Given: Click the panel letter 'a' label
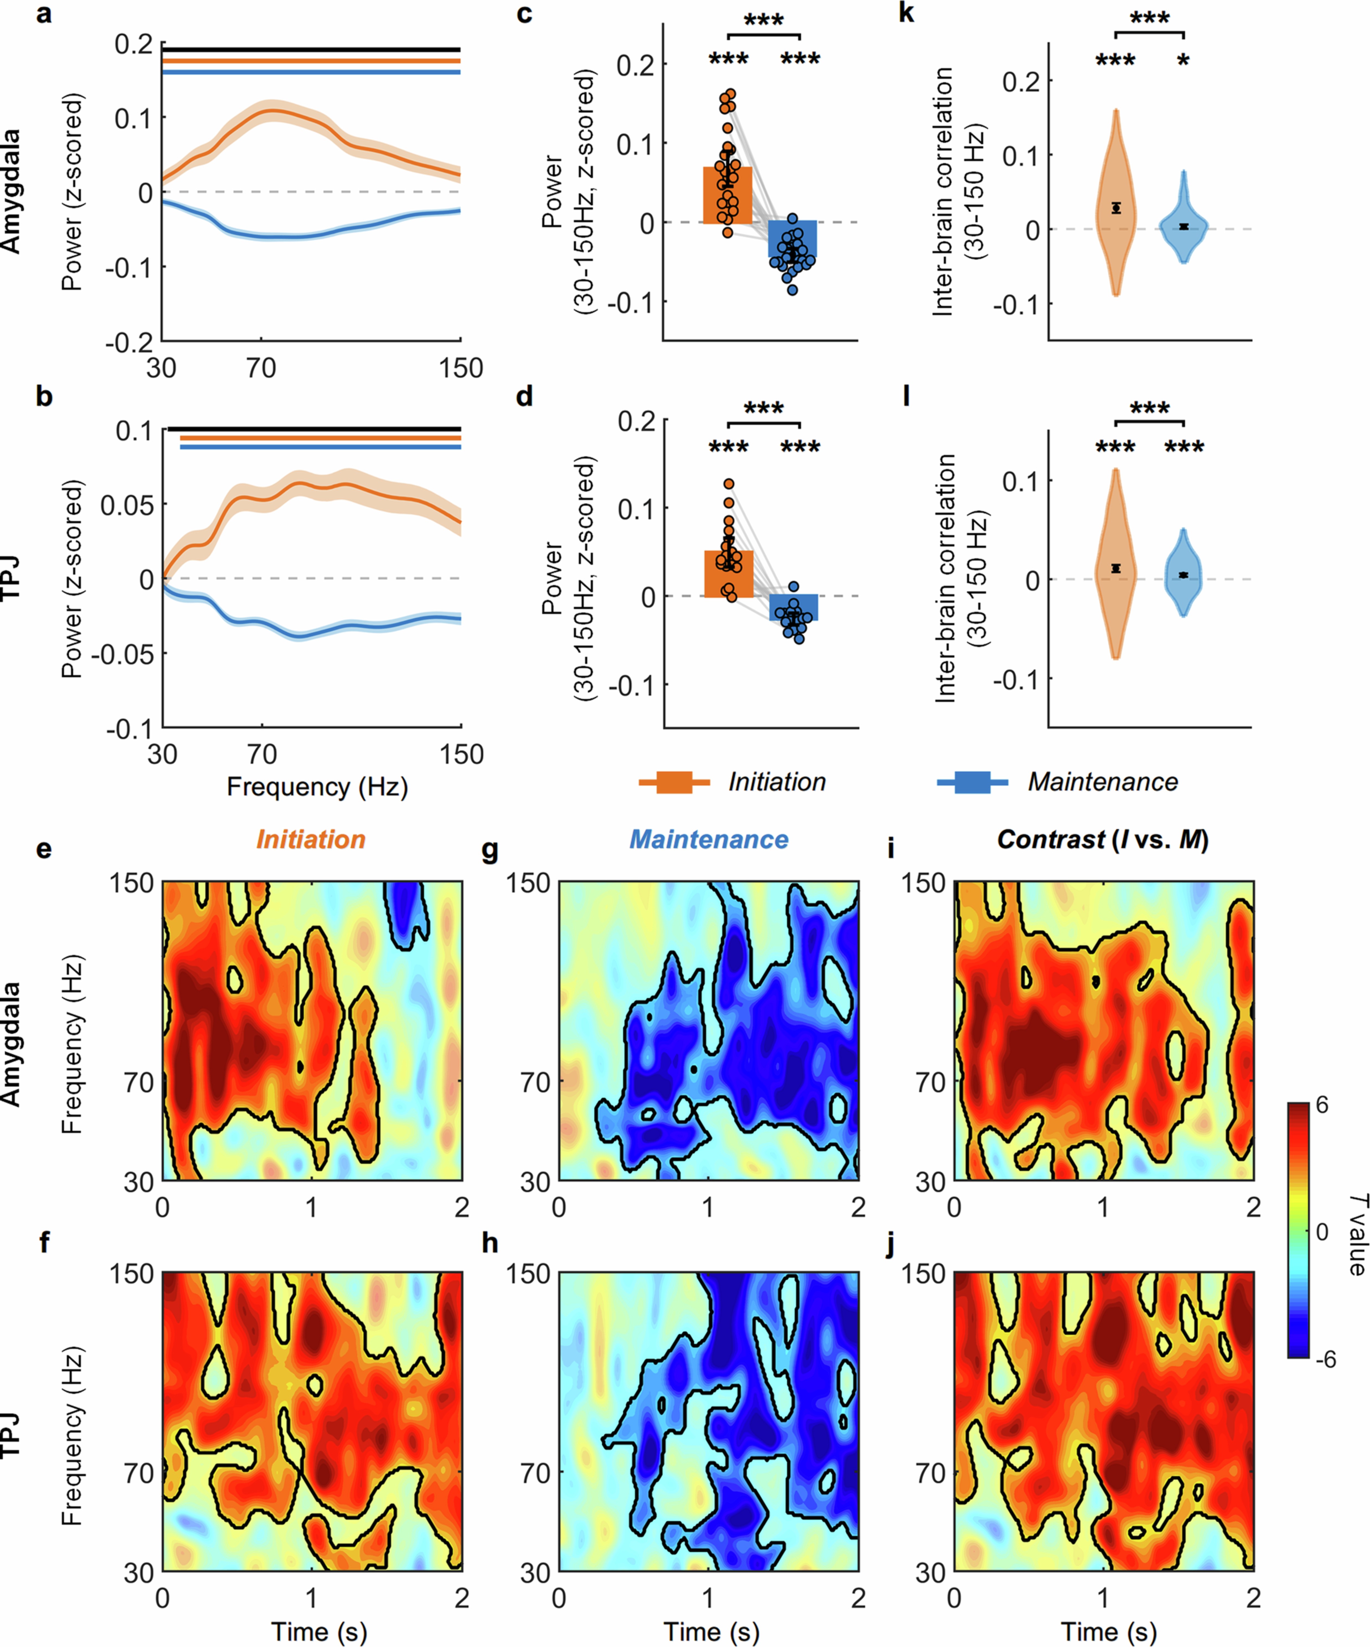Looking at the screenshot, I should [x=44, y=14].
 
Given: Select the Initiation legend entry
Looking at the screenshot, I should [x=776, y=782].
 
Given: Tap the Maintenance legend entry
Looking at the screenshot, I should [x=1102, y=782].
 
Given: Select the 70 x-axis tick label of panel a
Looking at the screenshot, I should [x=261, y=368].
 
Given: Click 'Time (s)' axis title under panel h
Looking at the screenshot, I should [x=711, y=1631].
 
